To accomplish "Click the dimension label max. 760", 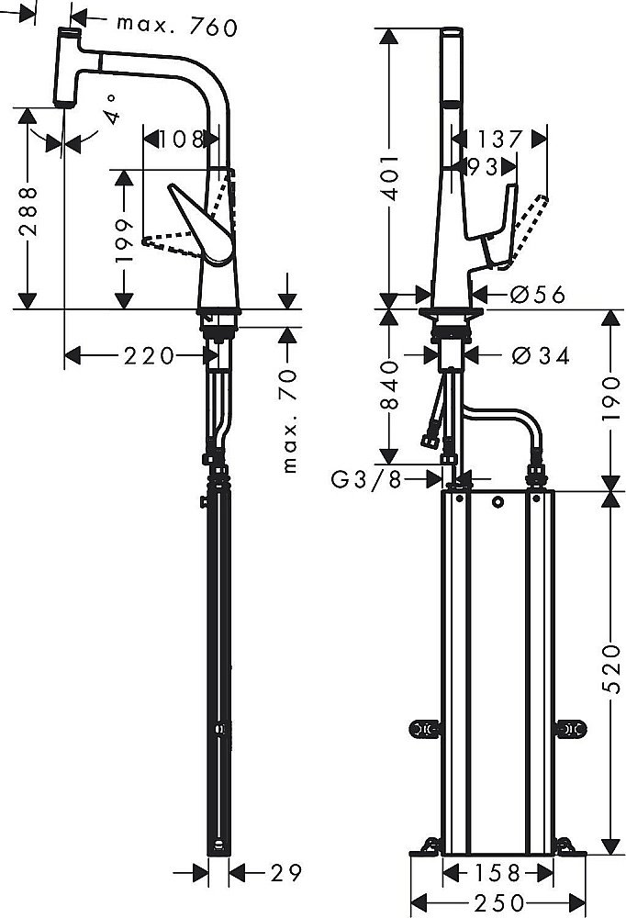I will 177,27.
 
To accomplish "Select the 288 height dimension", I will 28,213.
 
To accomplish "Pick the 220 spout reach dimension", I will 149,355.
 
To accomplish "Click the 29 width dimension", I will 285,873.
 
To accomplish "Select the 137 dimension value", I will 500,140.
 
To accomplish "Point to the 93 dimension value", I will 483,167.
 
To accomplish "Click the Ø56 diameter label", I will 537,295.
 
